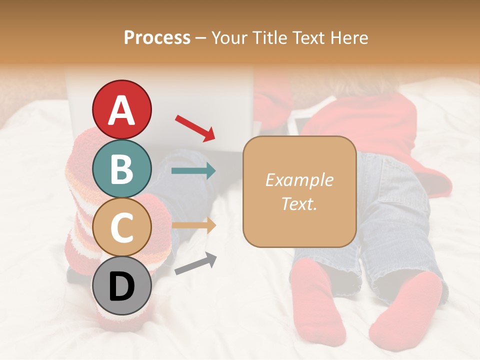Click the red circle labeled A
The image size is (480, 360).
pos(122,109)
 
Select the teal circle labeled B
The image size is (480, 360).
pos(122,168)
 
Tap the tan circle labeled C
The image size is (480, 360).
pos(122,227)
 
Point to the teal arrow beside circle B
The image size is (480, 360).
pos(194,171)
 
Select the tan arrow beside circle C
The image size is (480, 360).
pos(194,225)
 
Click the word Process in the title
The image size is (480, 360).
pos(157,38)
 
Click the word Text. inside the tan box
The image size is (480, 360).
pos(299,203)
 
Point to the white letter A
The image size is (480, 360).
pos(122,110)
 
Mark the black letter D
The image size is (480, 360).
pos(122,286)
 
